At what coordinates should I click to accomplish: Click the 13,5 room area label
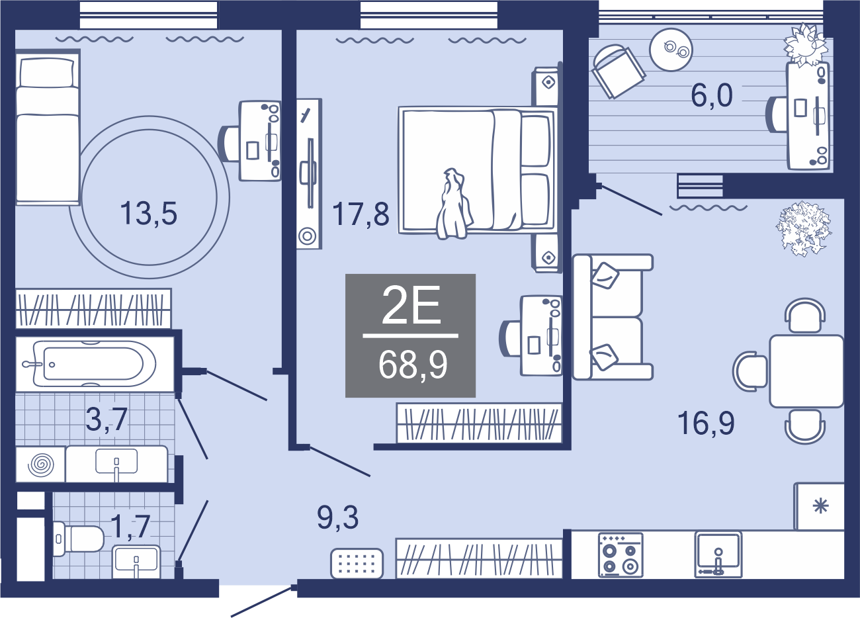(x=149, y=214)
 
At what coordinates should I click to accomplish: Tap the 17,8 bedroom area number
(x=361, y=214)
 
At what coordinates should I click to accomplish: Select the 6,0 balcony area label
(x=711, y=96)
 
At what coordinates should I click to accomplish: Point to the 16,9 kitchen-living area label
(x=706, y=423)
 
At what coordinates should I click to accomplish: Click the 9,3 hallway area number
(x=337, y=517)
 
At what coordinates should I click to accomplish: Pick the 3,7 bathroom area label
(x=107, y=419)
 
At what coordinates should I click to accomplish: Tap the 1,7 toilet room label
(x=130, y=527)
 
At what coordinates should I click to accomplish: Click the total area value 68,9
(x=413, y=365)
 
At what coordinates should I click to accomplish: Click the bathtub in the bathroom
(x=95, y=363)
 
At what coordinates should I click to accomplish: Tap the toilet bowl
(x=78, y=539)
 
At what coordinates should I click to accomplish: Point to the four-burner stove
(x=621, y=555)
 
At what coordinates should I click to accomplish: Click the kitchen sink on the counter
(x=718, y=554)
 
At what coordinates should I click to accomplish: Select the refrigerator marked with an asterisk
(x=819, y=506)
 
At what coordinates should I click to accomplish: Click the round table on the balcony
(x=671, y=50)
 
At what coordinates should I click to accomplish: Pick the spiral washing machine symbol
(x=41, y=464)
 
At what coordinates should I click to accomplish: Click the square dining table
(x=806, y=371)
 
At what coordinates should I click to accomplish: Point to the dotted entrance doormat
(x=357, y=563)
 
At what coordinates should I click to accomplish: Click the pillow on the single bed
(x=46, y=73)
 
